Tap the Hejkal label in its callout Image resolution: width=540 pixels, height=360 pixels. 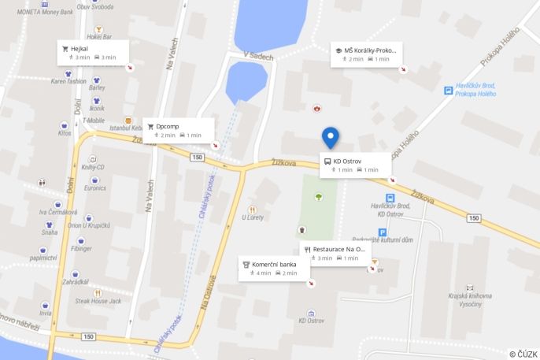tap(80, 48)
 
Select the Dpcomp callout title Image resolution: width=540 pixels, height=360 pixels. tap(168, 126)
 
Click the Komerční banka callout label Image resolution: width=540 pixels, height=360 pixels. tap(274, 264)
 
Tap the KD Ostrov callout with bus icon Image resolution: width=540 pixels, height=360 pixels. tap(347, 161)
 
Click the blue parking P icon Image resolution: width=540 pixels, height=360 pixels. tap(383, 232)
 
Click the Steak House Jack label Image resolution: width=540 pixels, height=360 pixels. tap(98, 301)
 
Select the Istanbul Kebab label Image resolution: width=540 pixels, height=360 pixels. tap(126, 128)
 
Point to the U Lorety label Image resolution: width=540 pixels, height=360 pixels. tap(252, 217)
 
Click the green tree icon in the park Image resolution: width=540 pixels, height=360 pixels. tap(319, 196)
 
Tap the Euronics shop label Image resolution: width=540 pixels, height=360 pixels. tap(95, 187)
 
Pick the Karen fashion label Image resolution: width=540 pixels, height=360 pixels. tap(68, 80)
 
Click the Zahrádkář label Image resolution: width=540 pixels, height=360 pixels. tap(76, 281)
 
